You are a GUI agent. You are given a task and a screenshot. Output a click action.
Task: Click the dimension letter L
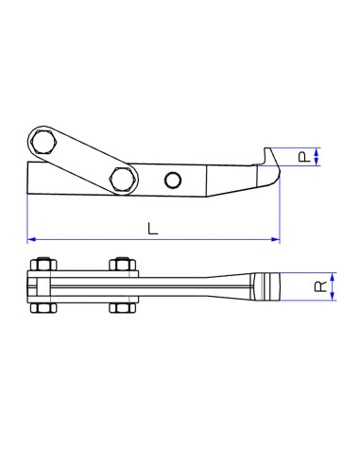[153, 227]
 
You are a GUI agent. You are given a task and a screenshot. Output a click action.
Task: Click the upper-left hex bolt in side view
[43, 144]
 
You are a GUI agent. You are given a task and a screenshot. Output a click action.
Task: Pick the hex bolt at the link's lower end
[121, 176]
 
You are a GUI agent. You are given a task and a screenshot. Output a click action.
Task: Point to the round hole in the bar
[172, 181]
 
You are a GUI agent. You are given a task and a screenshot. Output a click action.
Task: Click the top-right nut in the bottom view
[121, 265]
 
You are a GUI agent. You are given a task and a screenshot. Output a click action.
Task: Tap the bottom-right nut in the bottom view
[121, 306]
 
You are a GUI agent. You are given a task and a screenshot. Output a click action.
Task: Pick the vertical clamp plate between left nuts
[35, 285]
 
